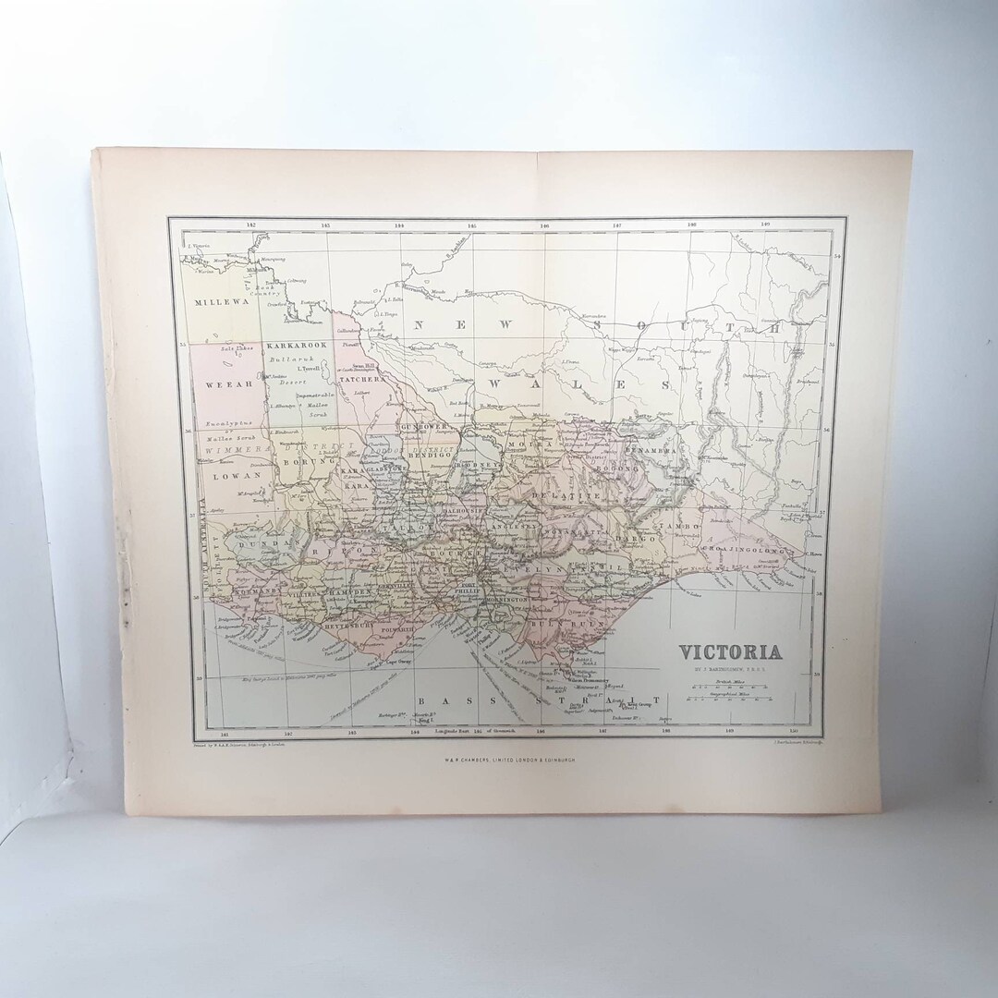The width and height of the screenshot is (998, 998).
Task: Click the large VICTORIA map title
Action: pyautogui.click(x=731, y=652)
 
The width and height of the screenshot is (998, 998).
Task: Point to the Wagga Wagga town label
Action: pyautogui.click(x=615, y=351)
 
